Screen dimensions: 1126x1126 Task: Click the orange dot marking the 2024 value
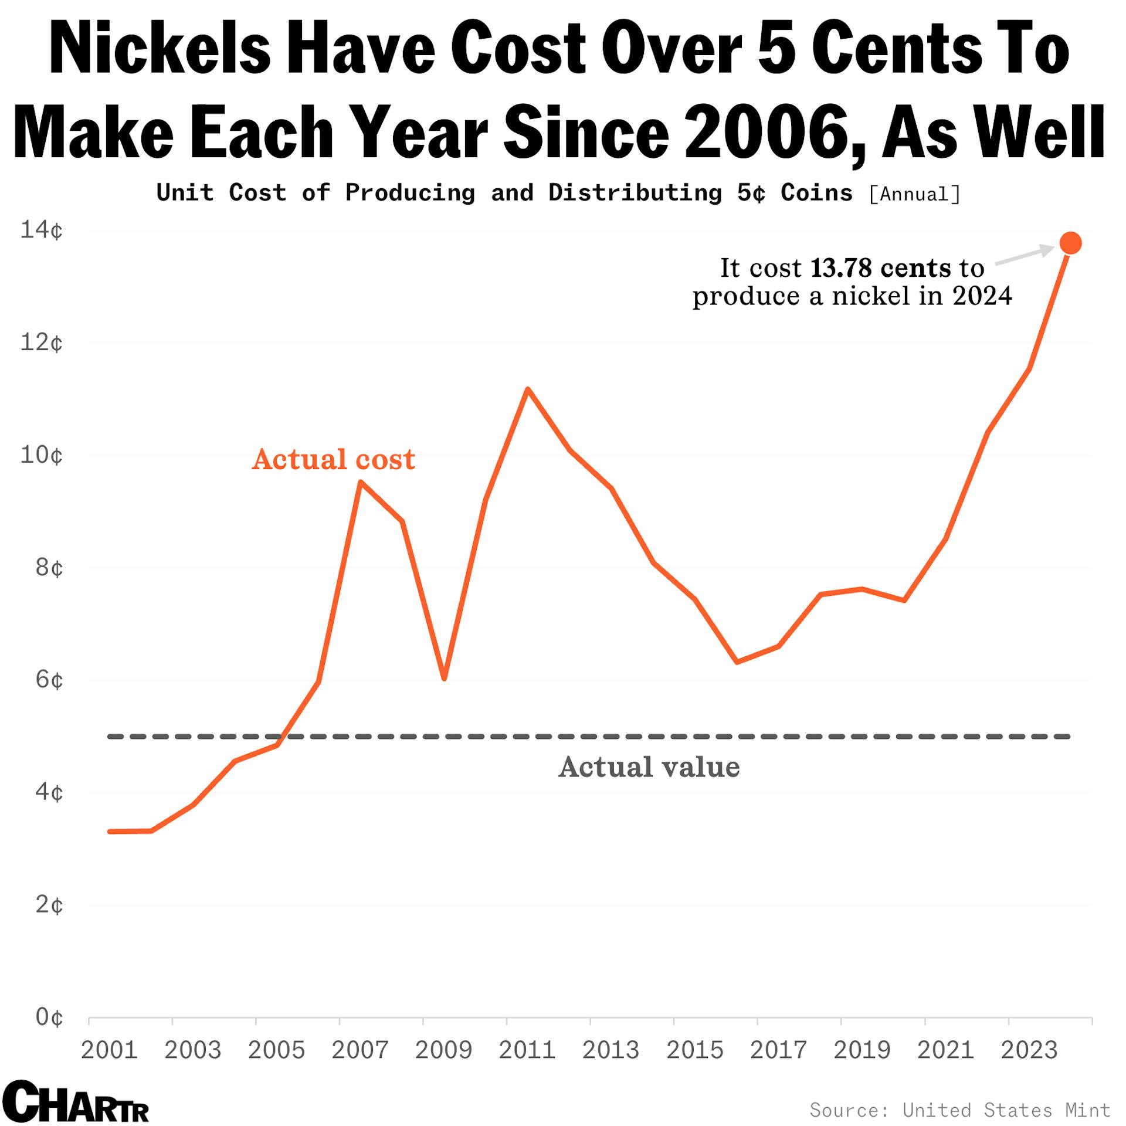click(1070, 243)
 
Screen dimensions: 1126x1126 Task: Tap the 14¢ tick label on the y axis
click(42, 230)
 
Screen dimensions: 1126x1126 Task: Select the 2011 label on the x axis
click(527, 1050)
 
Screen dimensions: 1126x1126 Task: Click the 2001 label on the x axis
click(109, 1050)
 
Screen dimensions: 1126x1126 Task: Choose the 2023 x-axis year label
click(1029, 1050)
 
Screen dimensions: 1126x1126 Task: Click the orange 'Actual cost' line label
click(333, 459)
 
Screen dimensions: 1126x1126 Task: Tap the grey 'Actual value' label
click(649, 767)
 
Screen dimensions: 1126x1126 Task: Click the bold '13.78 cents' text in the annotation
click(880, 268)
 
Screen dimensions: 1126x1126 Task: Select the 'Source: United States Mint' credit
click(959, 1110)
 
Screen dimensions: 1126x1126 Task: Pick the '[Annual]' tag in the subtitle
click(914, 194)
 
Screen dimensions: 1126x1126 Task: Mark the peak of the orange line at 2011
click(527, 389)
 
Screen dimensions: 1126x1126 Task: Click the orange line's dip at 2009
click(444, 679)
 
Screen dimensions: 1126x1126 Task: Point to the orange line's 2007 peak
click(361, 482)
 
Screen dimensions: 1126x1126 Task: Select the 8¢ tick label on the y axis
click(49, 568)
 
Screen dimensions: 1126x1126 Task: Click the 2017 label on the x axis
click(778, 1050)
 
